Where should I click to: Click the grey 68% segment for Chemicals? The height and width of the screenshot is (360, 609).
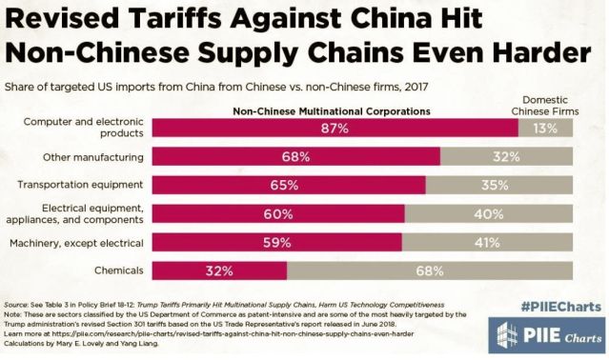click(430, 270)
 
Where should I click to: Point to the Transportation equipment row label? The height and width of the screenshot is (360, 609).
click(85, 185)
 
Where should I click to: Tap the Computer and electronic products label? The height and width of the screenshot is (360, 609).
click(83, 128)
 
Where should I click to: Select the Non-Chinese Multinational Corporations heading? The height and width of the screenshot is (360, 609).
click(332, 110)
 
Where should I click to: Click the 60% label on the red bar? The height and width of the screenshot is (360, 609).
click(278, 213)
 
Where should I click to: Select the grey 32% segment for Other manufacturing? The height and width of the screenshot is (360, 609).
click(506, 156)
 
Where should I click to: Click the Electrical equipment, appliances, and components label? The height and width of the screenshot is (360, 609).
click(82, 213)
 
